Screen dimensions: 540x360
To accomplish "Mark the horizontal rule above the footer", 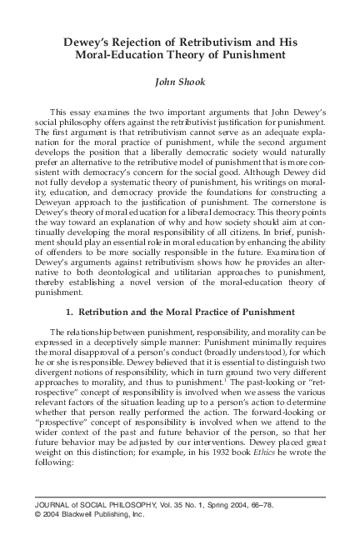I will coord(179,497).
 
